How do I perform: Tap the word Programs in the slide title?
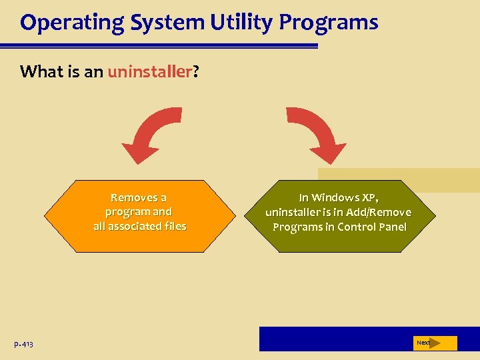point(329,23)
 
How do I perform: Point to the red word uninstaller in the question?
point(149,71)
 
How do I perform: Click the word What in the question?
point(39,71)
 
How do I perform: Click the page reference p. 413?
point(23,344)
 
